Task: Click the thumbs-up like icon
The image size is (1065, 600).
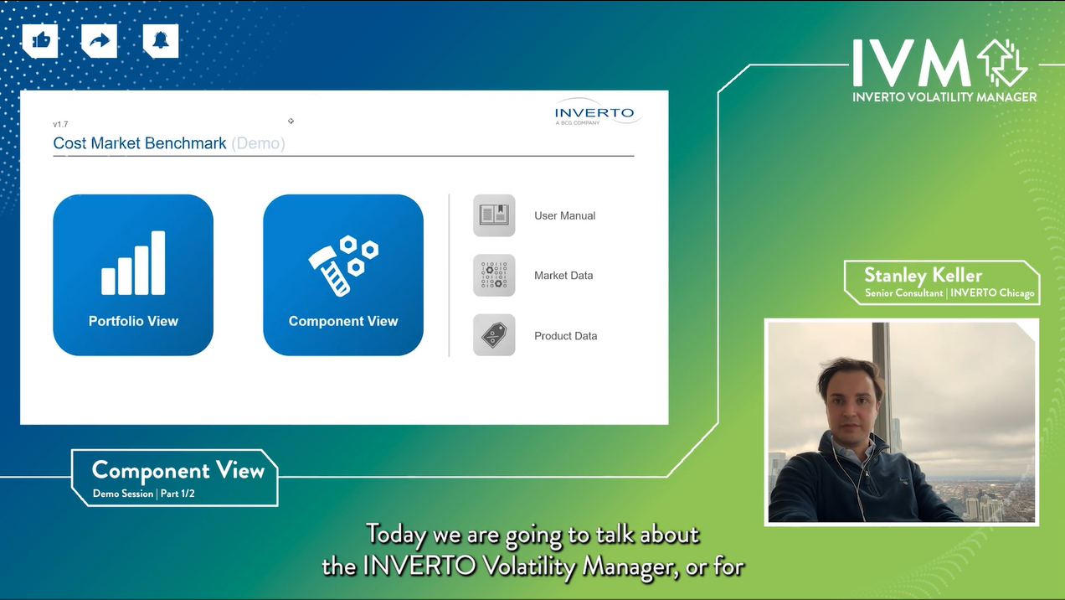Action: point(40,40)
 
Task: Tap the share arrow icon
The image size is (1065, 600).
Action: point(100,40)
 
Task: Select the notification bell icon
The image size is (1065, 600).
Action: point(160,40)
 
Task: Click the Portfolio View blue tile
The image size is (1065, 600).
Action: point(133,275)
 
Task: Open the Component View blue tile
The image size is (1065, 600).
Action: point(343,275)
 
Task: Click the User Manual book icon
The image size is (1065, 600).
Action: point(494,215)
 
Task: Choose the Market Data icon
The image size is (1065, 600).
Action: point(494,276)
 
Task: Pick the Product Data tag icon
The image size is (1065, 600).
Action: point(494,335)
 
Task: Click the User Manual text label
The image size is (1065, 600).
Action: point(564,216)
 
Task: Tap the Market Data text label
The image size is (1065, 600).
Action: point(563,276)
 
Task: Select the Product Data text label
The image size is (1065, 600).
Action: point(565,336)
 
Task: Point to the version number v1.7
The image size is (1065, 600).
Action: point(60,124)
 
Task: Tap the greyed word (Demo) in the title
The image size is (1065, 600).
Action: point(259,143)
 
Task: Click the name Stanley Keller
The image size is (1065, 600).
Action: point(923,276)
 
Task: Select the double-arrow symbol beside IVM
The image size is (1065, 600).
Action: point(1002,63)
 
